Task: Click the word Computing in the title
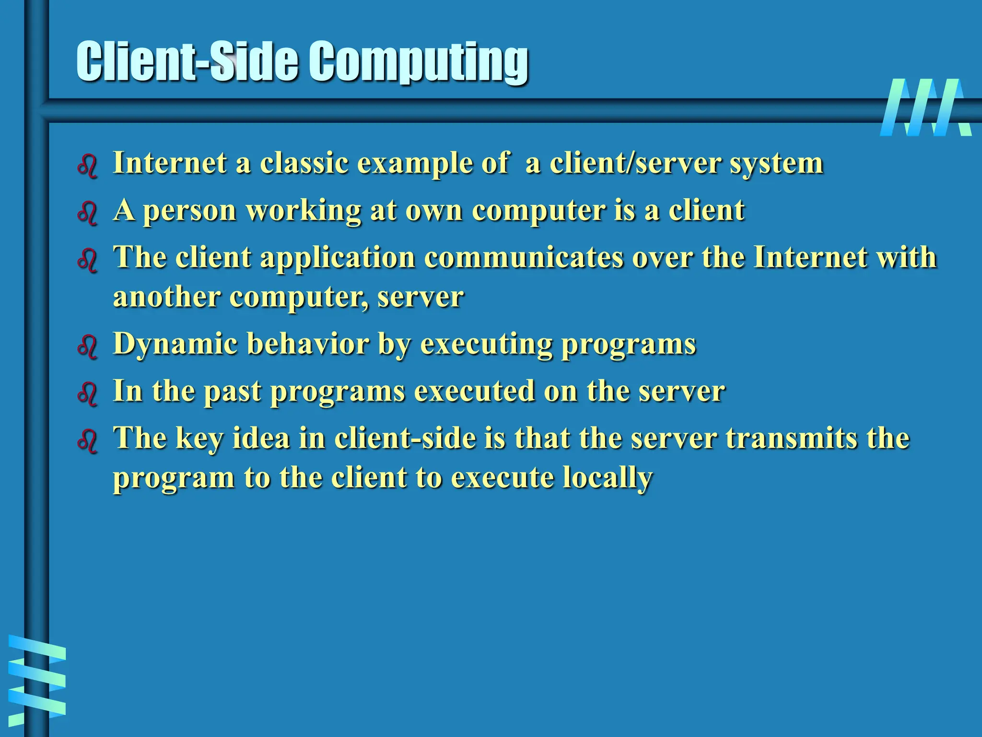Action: point(418,62)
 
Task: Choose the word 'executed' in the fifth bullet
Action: point(474,391)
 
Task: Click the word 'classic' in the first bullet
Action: point(304,163)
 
